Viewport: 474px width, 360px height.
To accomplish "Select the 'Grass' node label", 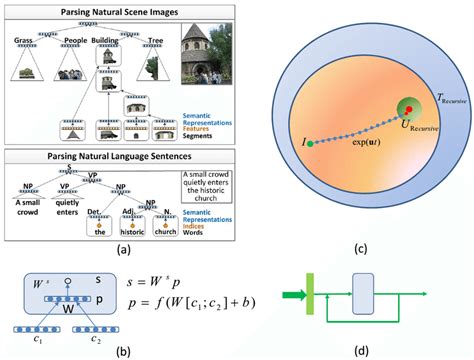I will point(24,42).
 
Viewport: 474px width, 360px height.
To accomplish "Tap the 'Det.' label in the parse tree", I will point(105,211).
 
